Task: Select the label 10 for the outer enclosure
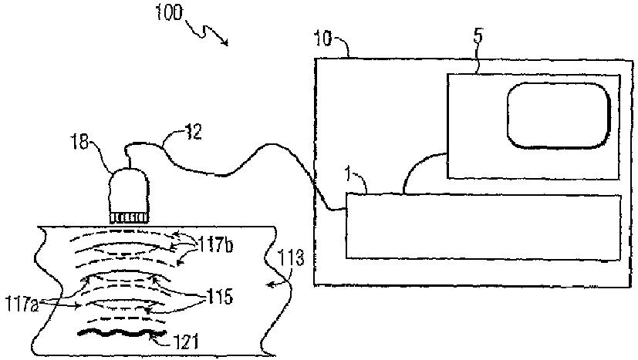click(324, 37)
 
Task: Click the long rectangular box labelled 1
click(483, 226)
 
